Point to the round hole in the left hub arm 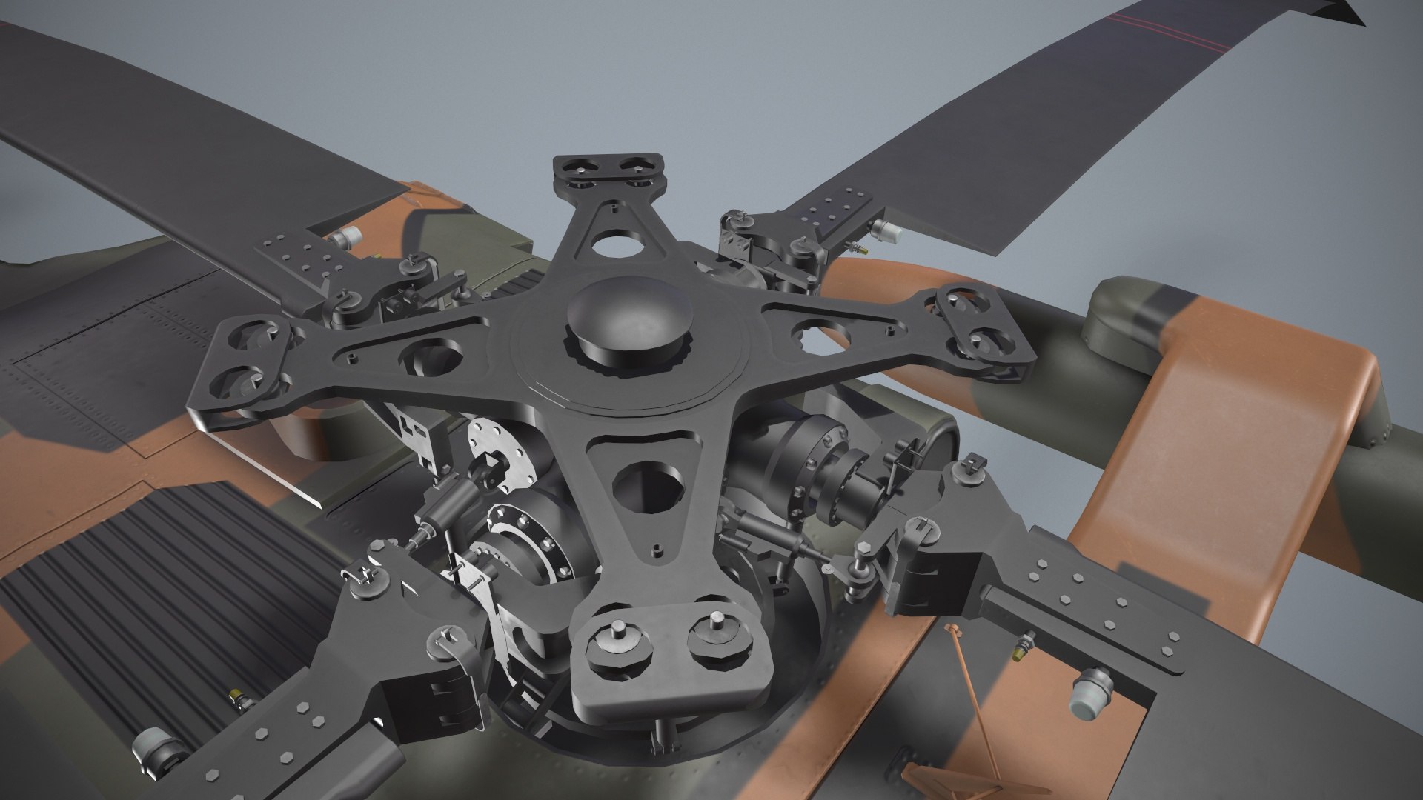(430, 356)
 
